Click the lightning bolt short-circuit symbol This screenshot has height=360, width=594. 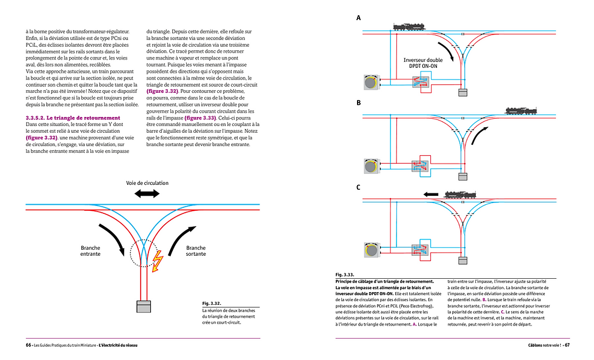coord(158,261)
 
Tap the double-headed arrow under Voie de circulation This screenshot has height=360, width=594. coord(146,193)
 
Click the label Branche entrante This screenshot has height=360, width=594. coord(91,251)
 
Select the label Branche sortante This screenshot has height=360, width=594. coord(196,251)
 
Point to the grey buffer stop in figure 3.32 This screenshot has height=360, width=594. coord(144,307)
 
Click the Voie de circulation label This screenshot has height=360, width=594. coord(147,182)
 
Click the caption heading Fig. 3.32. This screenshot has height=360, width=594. coord(212,303)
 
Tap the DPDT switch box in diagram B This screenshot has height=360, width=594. coord(420,166)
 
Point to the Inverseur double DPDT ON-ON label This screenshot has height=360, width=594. coord(423,64)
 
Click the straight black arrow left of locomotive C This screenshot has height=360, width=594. coord(431,195)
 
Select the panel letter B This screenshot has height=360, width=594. coord(359,103)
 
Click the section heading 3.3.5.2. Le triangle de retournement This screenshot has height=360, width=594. coord(73,117)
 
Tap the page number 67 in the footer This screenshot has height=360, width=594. coord(567,345)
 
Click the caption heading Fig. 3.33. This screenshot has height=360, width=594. coord(344,275)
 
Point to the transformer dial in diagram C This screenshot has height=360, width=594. coord(370,250)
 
